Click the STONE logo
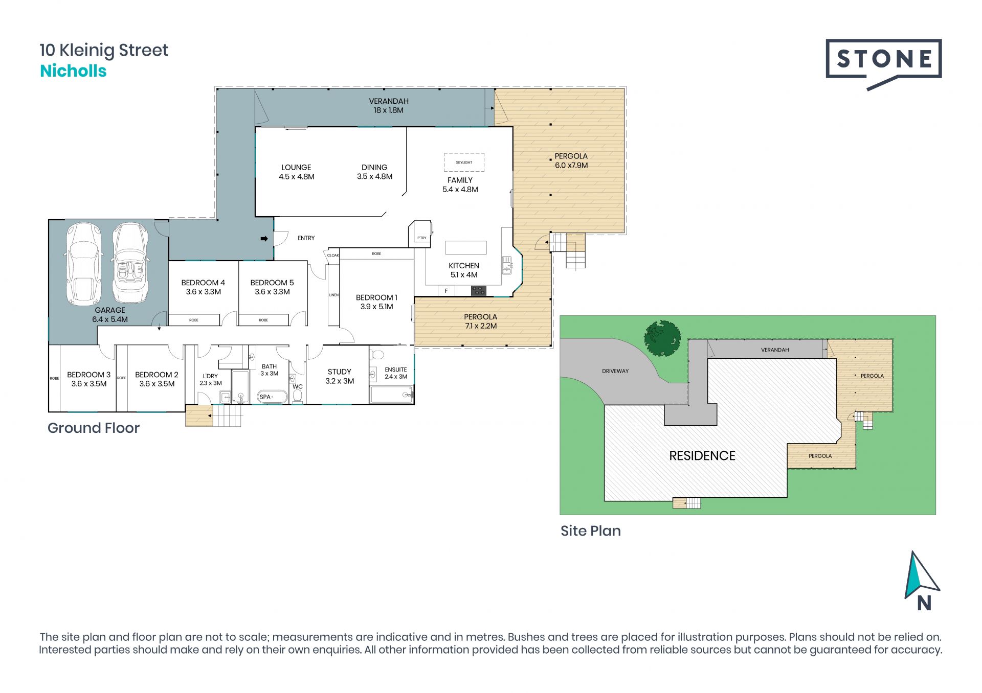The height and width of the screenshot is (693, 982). point(883,64)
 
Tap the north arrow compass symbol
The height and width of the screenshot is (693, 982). point(922,581)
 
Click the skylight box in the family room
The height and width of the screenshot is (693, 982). point(464,162)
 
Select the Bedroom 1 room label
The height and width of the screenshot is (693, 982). point(376,302)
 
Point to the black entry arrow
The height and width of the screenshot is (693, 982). point(264,239)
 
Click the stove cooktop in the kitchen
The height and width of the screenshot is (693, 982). point(478,291)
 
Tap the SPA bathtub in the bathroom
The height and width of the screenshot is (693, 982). point(271,397)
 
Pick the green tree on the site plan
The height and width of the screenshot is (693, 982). point(663,338)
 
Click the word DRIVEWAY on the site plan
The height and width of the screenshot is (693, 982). point(615,371)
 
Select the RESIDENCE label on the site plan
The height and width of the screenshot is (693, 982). point(702,456)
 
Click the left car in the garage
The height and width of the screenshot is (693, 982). point(83,263)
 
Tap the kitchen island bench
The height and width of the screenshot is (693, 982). point(466,247)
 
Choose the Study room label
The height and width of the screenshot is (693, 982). point(340,376)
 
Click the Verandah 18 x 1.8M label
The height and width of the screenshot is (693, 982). point(389,106)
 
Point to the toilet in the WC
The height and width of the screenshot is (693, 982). point(298,396)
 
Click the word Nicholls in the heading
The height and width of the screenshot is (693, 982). point(73,71)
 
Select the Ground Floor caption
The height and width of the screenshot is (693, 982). point(94,428)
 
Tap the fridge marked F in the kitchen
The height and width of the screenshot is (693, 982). point(447,291)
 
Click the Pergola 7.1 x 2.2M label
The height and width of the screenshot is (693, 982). point(481,321)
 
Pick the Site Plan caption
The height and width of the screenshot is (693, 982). point(591,531)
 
